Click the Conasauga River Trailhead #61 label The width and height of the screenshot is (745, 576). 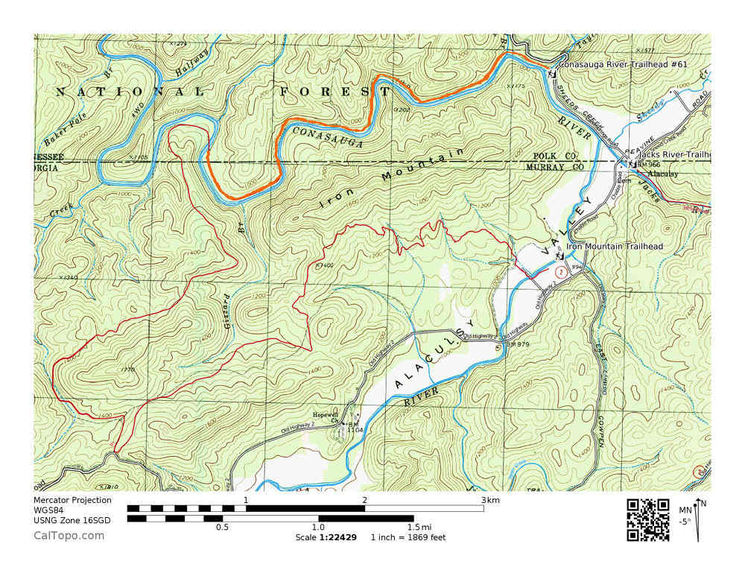point(623,65)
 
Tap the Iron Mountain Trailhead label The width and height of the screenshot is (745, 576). point(615,246)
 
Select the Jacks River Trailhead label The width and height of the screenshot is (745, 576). point(673,154)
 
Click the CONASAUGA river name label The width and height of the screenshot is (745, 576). point(327,136)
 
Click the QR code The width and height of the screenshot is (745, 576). point(647,519)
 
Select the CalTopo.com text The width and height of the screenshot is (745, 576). point(69,535)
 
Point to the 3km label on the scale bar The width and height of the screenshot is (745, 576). point(491,500)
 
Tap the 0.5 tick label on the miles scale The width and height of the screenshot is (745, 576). point(223,528)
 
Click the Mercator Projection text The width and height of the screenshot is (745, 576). point(72,500)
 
